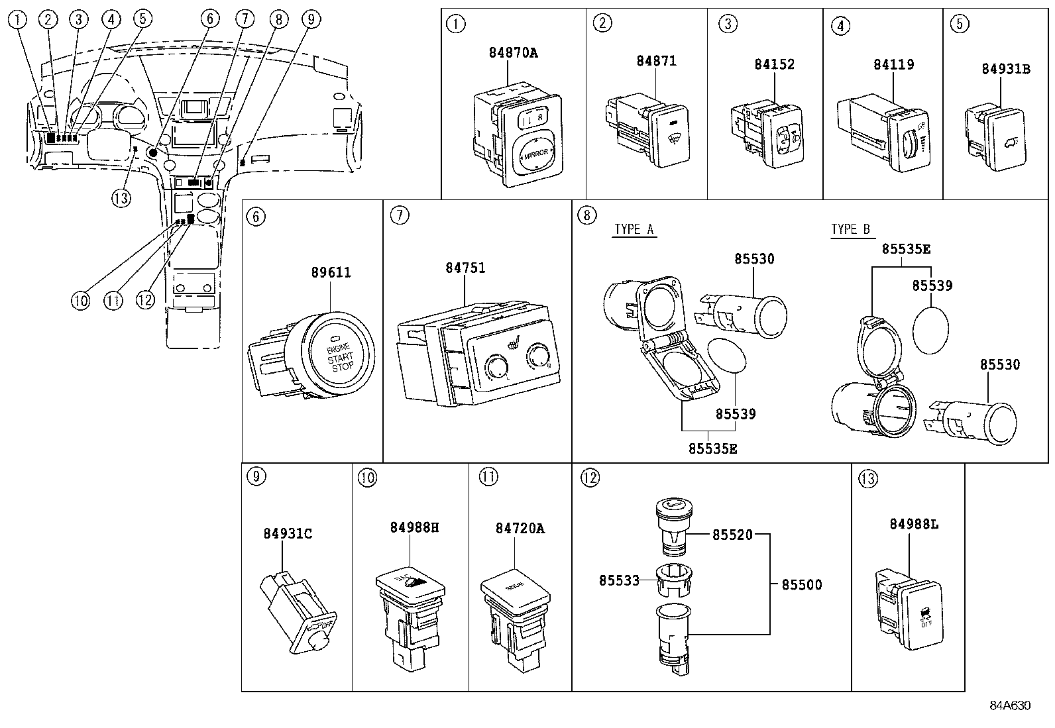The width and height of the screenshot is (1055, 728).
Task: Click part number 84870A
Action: (513, 53)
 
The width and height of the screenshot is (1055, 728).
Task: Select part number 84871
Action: (656, 61)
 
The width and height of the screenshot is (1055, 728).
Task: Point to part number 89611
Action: (331, 272)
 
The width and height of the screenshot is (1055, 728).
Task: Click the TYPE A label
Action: (634, 229)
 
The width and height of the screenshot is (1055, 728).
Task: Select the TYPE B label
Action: (850, 229)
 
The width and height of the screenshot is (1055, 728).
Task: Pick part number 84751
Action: (465, 268)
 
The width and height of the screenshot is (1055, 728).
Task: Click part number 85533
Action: (619, 580)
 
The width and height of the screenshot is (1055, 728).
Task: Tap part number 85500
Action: (802, 584)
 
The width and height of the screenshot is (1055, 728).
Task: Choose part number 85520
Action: (732, 535)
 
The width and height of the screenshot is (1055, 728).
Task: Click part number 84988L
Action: (914, 525)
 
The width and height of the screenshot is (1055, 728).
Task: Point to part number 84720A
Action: (520, 528)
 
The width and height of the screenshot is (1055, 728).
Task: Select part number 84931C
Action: (287, 533)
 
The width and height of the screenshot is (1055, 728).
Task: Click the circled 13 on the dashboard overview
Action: (121, 197)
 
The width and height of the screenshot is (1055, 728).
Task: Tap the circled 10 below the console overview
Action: (80, 300)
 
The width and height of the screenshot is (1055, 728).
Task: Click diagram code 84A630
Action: (1010, 705)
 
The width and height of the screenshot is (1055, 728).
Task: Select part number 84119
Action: (893, 64)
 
